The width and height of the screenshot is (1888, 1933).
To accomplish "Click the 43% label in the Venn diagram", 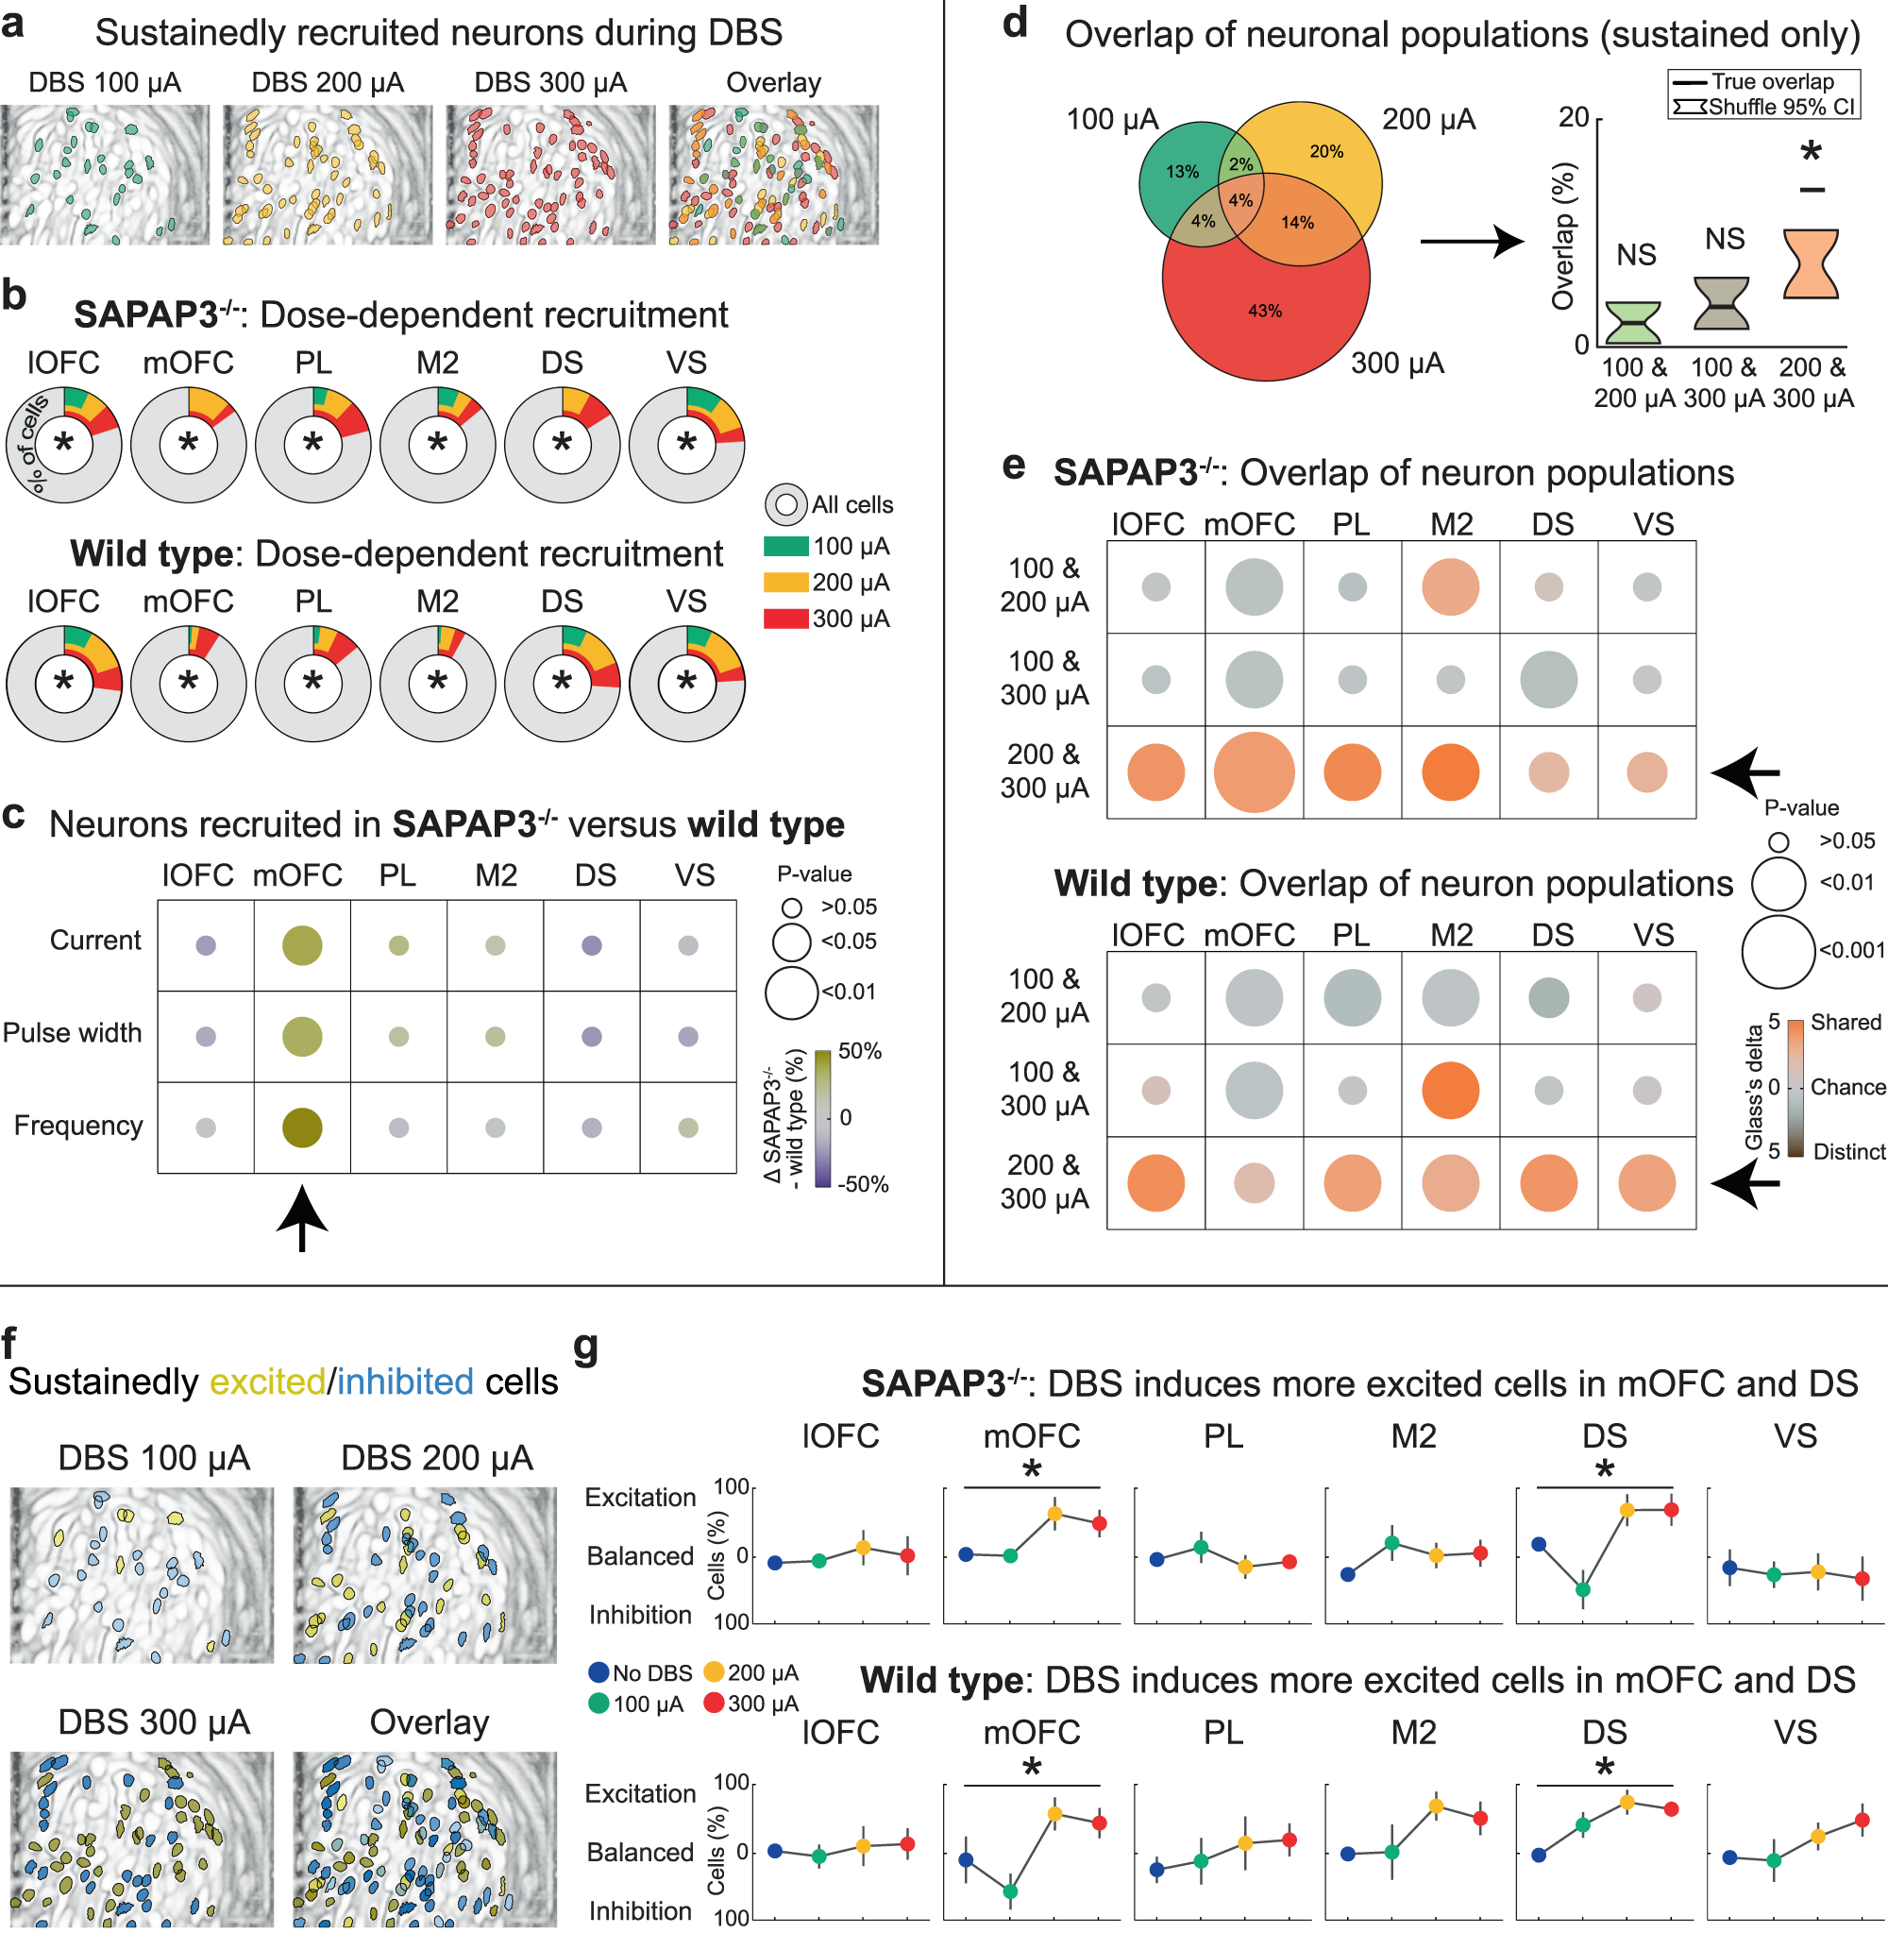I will [1264, 311].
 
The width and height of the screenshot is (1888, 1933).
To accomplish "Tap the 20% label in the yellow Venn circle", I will [1325, 152].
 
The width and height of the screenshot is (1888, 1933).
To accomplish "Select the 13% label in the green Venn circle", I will [1182, 172].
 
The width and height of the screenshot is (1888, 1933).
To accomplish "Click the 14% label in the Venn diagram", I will [1297, 222].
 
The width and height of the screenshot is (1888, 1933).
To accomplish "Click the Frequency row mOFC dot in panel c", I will [301, 1128].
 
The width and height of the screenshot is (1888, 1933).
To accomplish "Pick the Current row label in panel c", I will [95, 941].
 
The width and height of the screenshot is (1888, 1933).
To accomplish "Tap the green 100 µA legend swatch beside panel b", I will [785, 547].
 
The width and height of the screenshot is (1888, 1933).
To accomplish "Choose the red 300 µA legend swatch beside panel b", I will [785, 619].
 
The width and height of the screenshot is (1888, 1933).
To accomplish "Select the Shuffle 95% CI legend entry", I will [1764, 106].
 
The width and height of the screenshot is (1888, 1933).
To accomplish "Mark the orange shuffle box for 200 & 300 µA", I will [1811, 263].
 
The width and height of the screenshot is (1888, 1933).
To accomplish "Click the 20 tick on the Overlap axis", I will [1574, 118].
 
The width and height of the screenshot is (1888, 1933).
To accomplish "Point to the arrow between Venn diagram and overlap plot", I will [1472, 241].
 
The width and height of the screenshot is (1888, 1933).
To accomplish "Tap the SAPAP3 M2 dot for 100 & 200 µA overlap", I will [1450, 587].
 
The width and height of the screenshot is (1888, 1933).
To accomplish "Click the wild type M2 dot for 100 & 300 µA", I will [1450, 1090].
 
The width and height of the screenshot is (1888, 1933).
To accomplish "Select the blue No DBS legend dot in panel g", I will [598, 1672].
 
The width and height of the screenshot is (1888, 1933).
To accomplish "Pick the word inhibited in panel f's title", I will [406, 1382].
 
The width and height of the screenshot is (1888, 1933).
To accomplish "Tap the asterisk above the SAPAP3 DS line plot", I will [1605, 1471].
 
